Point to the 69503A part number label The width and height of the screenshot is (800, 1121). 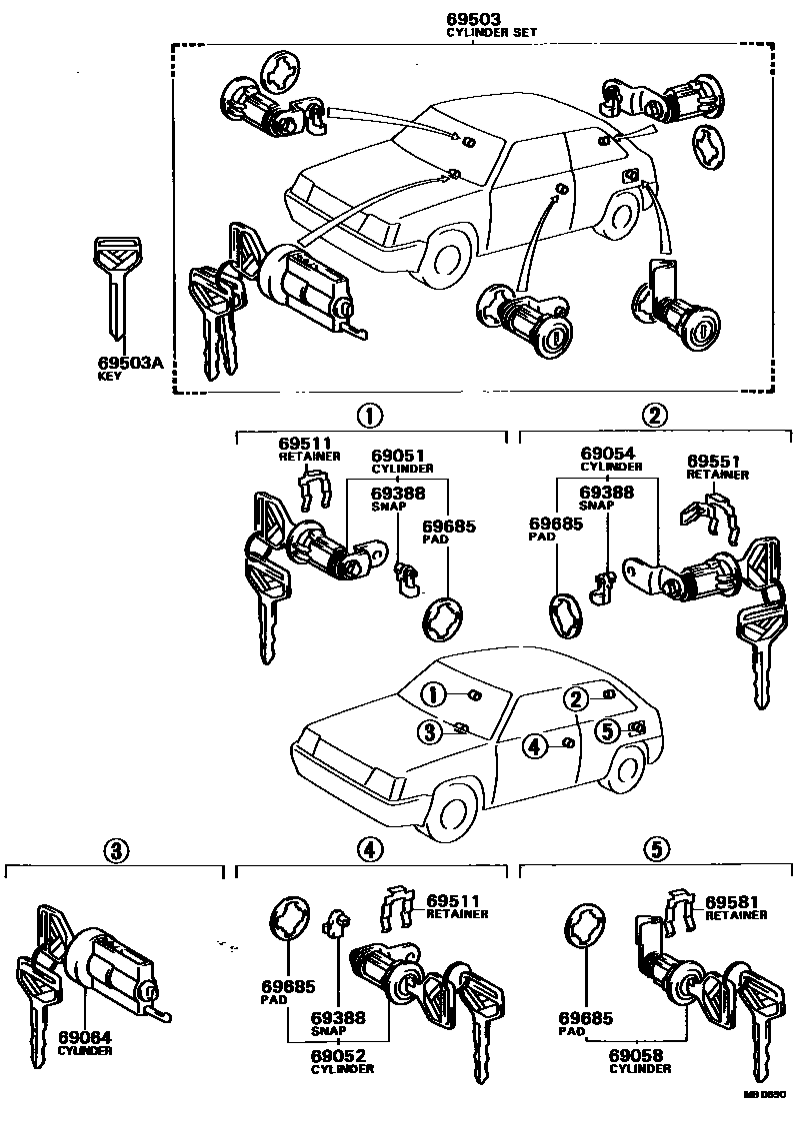(129, 364)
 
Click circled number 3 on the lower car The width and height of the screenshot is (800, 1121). (430, 733)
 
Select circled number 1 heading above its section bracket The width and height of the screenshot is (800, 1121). (370, 416)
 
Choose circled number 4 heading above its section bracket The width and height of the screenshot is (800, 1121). (369, 850)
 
